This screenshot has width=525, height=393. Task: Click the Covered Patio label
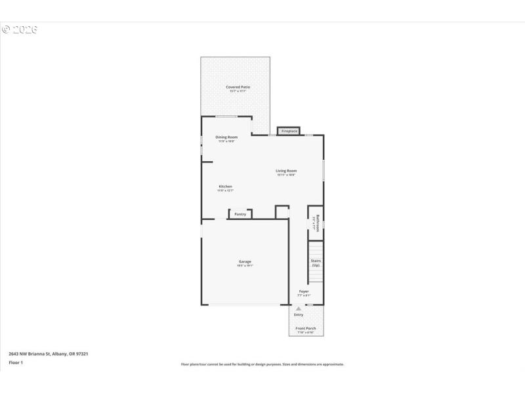coord(238,87)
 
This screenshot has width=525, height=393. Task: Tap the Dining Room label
coord(226,137)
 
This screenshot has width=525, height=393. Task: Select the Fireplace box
coord(289,131)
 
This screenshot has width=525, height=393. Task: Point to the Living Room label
coord(286,171)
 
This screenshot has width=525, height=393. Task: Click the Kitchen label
coord(225,187)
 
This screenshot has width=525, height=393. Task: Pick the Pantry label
coord(240,214)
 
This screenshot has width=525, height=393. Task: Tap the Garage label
coord(245,262)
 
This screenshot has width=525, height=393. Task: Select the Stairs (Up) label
coord(316,263)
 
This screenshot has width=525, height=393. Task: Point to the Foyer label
coord(304,291)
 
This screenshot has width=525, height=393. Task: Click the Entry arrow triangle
coord(299,309)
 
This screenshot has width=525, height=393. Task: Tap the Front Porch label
coord(306,328)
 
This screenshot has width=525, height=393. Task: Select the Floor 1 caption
coord(16,362)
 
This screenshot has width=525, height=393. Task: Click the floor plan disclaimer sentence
coord(262,364)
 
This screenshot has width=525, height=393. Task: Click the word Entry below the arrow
coord(299,315)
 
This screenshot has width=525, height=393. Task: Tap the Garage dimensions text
coord(245,266)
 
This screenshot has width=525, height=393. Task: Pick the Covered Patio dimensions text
coord(238,91)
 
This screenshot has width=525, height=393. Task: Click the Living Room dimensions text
coord(286,175)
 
